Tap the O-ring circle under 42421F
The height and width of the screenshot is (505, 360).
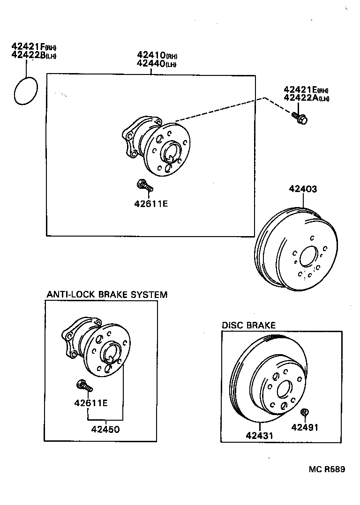pos(26,91)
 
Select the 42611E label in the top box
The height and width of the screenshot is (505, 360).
pos(151,204)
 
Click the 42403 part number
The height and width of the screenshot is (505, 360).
pos(303,189)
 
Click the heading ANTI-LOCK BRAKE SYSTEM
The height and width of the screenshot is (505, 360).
pos(107,295)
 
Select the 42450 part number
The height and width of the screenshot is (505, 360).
pos(105,429)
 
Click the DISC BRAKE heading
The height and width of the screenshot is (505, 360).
pos(248,325)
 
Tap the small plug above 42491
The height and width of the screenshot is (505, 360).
pos(303,412)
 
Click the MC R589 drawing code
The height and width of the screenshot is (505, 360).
pos(327,469)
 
